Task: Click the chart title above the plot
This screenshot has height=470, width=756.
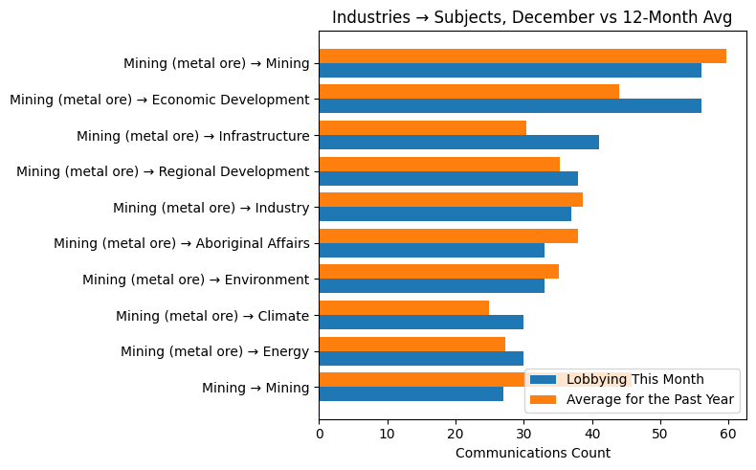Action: point(531,16)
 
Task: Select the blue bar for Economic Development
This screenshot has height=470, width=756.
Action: point(509,106)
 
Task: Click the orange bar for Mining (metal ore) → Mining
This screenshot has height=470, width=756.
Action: point(522,56)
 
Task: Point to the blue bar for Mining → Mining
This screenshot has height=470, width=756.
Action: point(411,394)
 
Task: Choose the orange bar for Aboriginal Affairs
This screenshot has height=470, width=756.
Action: point(448,236)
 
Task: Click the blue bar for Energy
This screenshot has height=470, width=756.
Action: point(420,358)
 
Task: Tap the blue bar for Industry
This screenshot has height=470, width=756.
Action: point(444,214)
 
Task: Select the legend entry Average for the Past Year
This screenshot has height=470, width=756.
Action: point(650,399)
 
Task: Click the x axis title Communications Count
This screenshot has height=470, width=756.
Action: point(532,453)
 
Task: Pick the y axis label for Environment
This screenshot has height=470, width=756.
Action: point(195,280)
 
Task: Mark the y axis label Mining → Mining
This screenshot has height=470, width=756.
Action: point(255,388)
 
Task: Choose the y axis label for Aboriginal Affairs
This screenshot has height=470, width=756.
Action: point(181,243)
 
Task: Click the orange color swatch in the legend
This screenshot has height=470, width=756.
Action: point(545,399)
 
